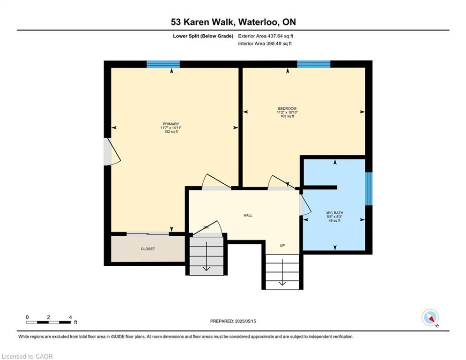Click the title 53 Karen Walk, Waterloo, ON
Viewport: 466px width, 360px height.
point(233,22)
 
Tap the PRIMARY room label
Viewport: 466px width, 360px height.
point(171,124)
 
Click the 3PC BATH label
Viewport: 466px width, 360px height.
point(334,213)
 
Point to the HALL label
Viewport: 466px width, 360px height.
point(248,215)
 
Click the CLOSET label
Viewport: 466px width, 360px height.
point(148,249)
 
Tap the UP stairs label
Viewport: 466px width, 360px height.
point(282,246)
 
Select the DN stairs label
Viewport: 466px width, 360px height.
point(206,228)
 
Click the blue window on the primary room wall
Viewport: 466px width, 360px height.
point(163,64)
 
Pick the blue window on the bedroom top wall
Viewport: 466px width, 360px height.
point(313,64)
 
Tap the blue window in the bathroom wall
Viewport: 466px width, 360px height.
point(369,188)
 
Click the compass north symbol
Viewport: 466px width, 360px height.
point(429,318)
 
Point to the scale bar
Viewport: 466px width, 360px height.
point(49,322)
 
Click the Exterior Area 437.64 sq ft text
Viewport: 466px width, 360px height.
point(266,36)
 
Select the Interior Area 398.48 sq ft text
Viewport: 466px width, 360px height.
point(265,44)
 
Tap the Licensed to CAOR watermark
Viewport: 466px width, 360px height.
point(27,356)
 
